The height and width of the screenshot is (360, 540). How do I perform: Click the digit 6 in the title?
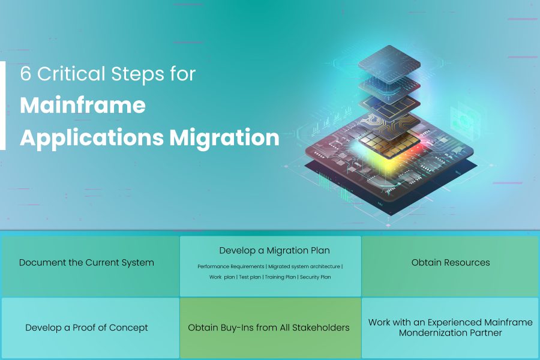tap(25, 74)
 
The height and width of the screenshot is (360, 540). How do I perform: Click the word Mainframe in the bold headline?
tap(83, 105)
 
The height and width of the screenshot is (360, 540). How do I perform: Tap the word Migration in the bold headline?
tap(224, 137)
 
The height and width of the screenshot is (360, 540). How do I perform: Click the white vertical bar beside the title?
tap(3, 106)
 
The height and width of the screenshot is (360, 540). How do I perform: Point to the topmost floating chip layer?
tap(389, 64)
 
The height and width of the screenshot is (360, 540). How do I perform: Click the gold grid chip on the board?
tap(389, 143)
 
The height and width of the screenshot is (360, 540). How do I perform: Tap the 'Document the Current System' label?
tap(86, 263)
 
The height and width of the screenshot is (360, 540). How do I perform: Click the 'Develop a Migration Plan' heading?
tap(274, 250)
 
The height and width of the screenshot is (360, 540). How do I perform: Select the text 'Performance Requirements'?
tap(231, 266)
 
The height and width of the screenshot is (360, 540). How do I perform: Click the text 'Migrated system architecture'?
tap(304, 266)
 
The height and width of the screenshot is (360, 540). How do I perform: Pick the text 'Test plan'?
tap(250, 277)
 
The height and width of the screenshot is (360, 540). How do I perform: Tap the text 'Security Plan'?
tap(315, 277)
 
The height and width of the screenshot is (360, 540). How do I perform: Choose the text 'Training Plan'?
tap(280, 277)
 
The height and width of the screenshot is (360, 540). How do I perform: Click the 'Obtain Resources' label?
tap(451, 263)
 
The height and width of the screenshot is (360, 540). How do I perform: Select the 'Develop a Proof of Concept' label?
tap(86, 328)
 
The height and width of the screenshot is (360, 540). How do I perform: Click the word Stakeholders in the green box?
tap(320, 328)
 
